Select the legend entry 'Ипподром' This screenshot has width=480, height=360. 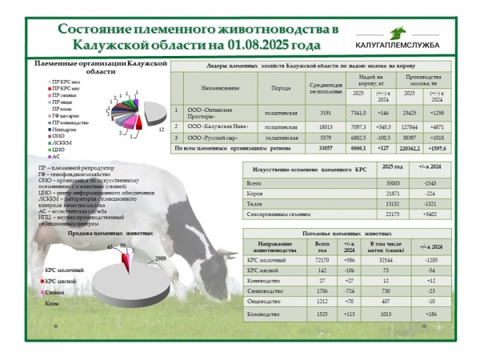click(66, 129)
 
